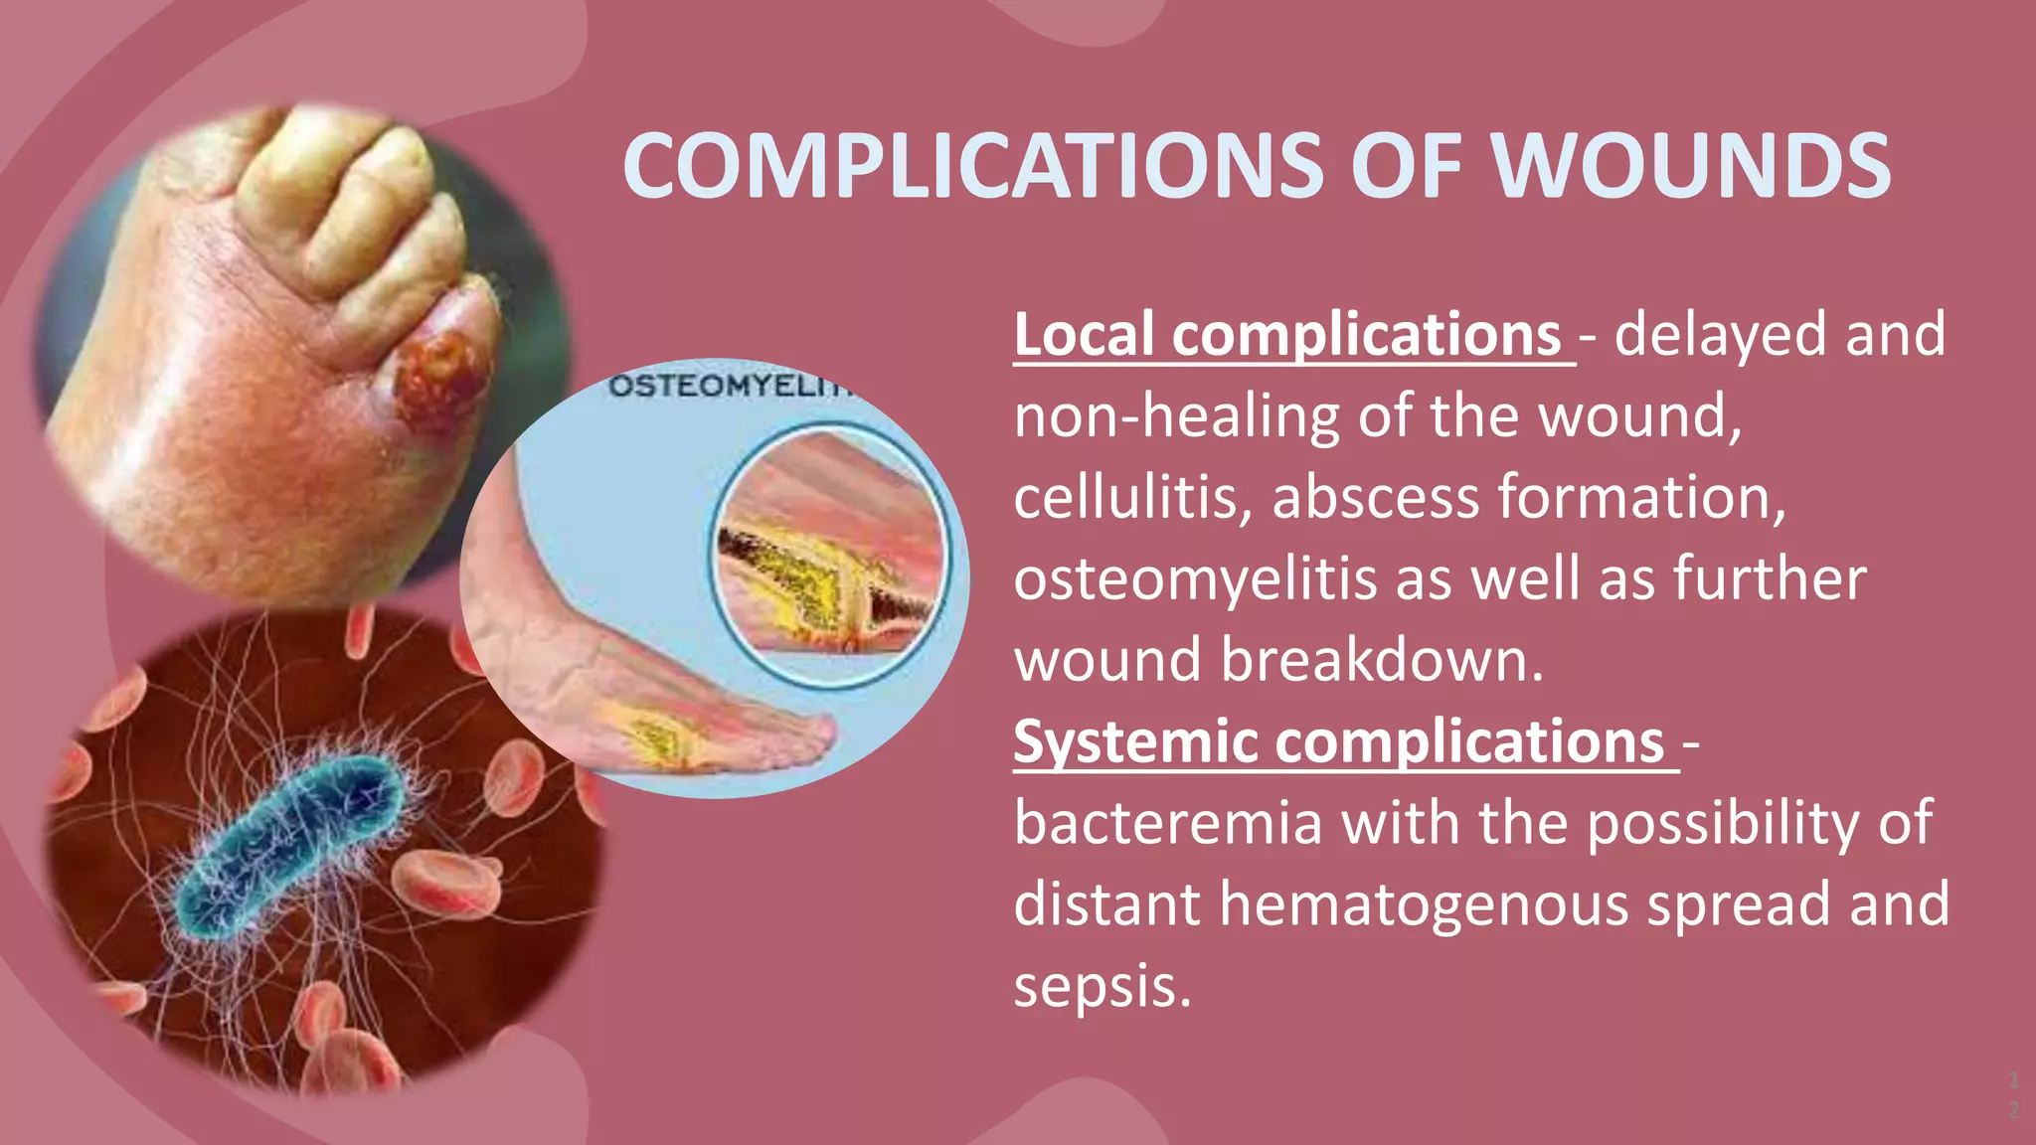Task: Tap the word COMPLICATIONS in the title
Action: [x=972, y=166]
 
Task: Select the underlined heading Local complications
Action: [x=1287, y=335]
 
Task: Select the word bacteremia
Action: [x=1168, y=824]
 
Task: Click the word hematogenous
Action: [x=1426, y=905]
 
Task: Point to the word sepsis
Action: [x=1102, y=987]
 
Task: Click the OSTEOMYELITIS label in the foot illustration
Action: [x=731, y=386]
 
